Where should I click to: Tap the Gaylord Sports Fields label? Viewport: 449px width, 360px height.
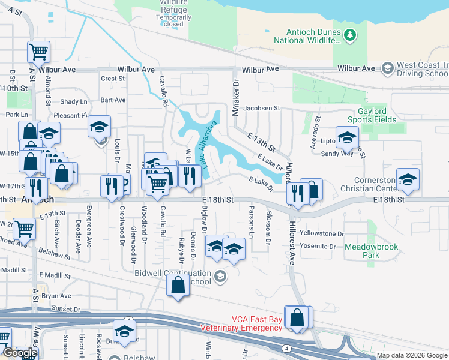pos(369,115)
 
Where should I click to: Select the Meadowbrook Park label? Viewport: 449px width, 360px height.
pos(363,251)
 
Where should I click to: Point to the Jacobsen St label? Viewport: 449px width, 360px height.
pos(261,108)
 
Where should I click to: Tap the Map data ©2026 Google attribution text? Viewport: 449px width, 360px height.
pos(412,355)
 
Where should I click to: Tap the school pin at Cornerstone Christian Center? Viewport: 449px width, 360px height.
pos(408,179)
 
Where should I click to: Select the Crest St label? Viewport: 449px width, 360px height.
pos(112,79)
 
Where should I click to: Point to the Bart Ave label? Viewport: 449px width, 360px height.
pos(113,100)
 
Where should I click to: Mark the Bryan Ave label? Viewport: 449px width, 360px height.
pos(56,296)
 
